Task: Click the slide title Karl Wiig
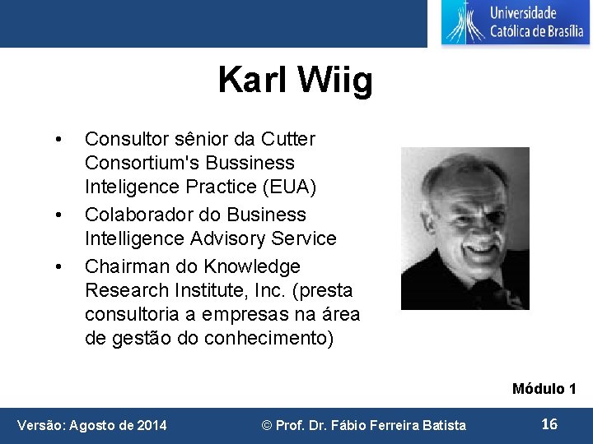click(x=295, y=81)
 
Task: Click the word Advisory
click(x=228, y=238)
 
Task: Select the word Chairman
click(x=122, y=266)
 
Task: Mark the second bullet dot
click(x=56, y=215)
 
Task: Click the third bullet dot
click(x=56, y=267)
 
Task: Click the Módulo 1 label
click(x=544, y=389)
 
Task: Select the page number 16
click(x=549, y=424)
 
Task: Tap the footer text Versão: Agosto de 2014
click(x=92, y=425)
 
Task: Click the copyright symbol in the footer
click(x=267, y=425)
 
